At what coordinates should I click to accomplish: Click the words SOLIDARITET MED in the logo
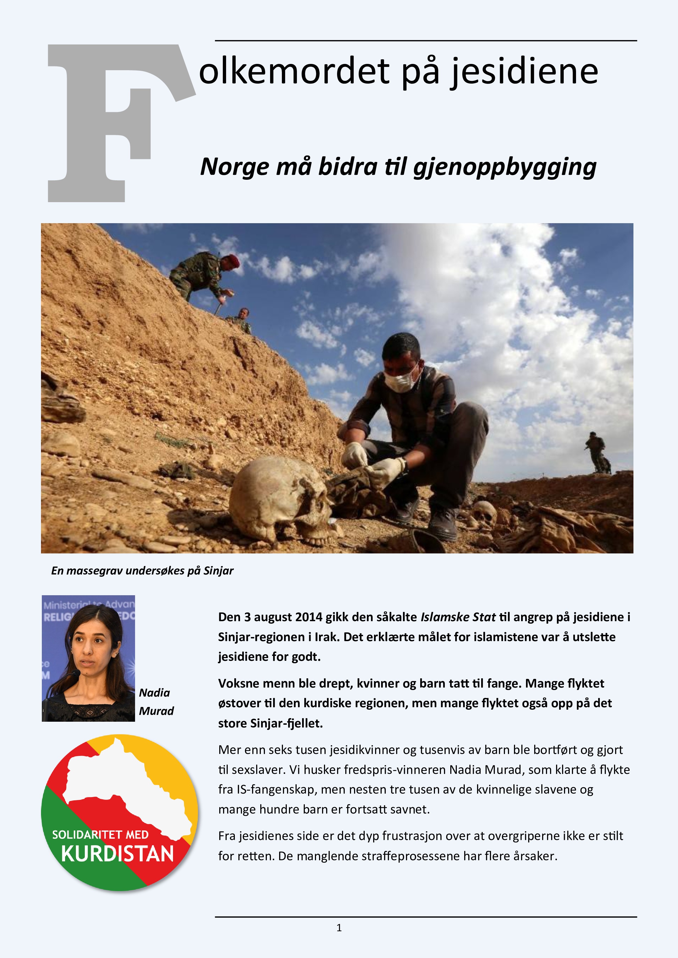(100, 835)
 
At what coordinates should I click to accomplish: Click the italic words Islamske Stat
(458, 617)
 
